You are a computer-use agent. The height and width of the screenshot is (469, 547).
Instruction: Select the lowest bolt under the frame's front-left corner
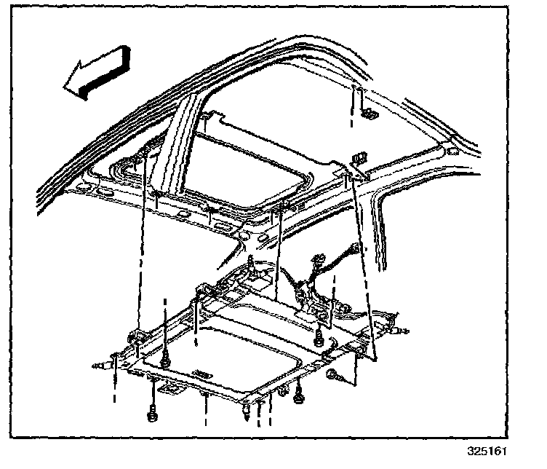152,414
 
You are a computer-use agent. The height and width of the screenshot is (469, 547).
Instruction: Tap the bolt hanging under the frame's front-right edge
299,398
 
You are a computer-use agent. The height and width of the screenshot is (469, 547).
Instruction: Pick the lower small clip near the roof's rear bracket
359,158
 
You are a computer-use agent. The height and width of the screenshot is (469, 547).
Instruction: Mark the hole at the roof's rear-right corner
452,151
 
